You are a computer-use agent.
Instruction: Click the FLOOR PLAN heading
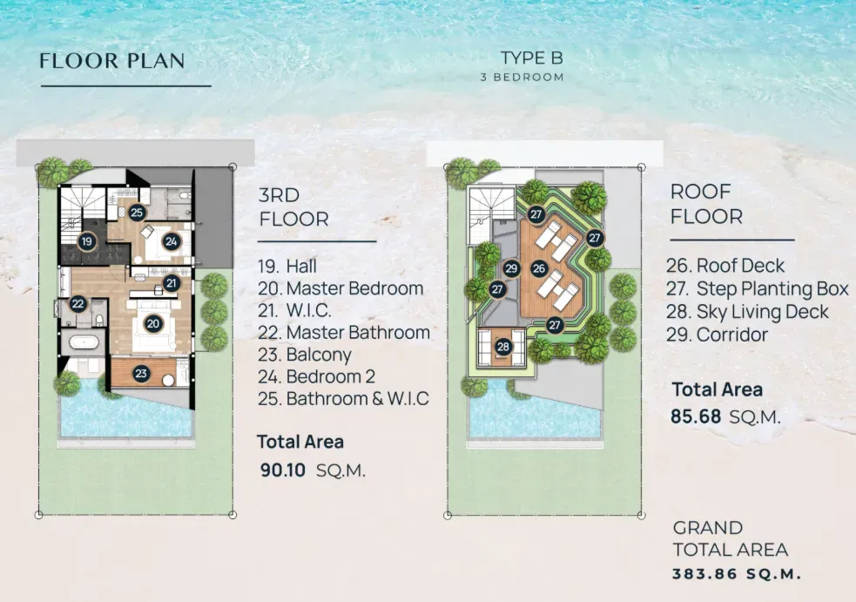112,61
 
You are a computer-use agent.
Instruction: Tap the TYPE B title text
532,58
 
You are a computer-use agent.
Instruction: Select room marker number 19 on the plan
86,242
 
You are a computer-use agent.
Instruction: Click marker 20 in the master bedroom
153,323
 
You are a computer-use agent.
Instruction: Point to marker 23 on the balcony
141,373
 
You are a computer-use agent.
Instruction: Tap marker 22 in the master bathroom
78,303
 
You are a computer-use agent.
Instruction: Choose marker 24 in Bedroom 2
171,241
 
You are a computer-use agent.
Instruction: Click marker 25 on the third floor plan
137,212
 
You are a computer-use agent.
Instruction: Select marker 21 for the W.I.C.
172,283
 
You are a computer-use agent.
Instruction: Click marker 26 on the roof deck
539,268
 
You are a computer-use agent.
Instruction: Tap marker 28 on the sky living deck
503,347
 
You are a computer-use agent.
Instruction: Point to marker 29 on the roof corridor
512,268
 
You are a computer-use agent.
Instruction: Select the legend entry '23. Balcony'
305,355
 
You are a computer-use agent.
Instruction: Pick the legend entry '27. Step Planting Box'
758,289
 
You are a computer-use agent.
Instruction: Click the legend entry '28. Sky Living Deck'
747,312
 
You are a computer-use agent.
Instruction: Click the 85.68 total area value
696,416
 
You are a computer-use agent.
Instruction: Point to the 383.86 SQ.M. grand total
736,574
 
